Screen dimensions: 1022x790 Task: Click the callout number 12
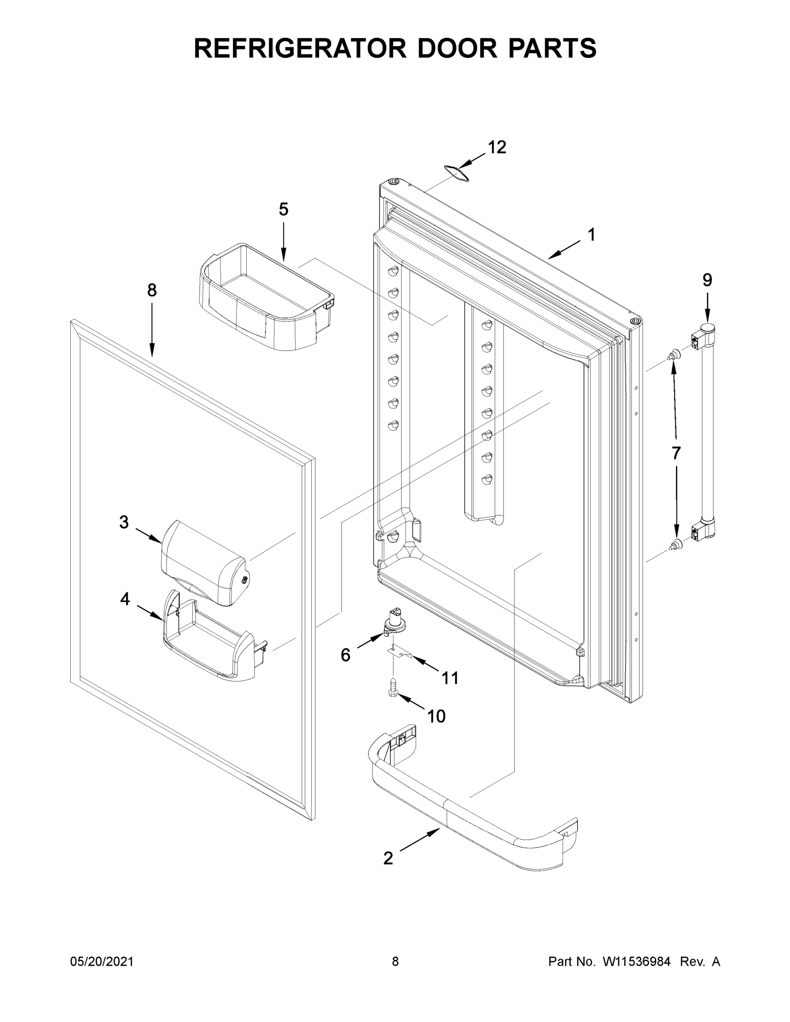tap(497, 147)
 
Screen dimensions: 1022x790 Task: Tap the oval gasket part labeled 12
tap(456, 173)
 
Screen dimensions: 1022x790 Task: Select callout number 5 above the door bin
tap(284, 209)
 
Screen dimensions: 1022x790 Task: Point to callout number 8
tap(152, 290)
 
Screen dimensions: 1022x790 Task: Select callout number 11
tap(450, 678)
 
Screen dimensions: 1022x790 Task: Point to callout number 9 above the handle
tap(707, 280)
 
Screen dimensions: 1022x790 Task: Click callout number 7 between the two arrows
tap(676, 453)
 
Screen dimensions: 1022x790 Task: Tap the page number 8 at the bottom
tap(395, 961)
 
